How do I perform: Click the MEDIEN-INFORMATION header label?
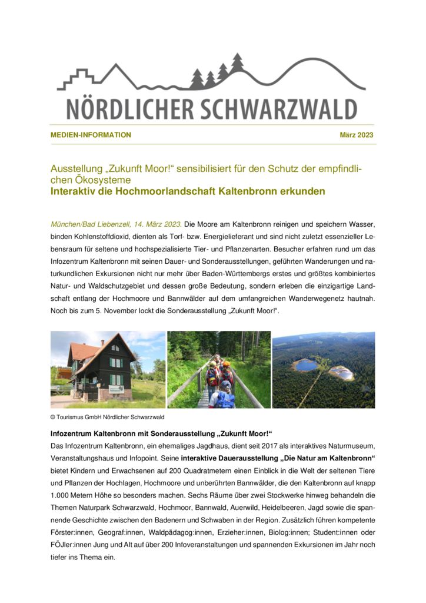[91, 135]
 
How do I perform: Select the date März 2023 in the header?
[357, 135]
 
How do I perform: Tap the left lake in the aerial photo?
[306, 365]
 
